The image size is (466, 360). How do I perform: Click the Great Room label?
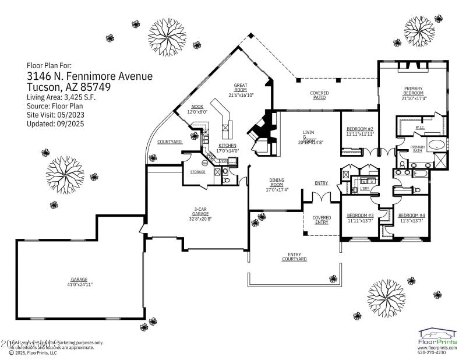241,87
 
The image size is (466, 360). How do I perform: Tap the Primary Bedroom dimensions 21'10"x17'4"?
414,98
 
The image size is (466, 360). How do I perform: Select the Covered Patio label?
319,96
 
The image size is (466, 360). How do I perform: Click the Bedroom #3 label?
360,216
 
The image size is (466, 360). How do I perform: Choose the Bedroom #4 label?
411,216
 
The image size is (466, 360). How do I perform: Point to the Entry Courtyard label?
294,256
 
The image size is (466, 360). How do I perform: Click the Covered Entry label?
322,220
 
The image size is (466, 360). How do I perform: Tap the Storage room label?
198,172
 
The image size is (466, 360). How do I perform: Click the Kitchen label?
227,145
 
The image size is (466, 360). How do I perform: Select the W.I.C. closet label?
419,127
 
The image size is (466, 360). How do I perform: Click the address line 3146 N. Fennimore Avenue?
90,76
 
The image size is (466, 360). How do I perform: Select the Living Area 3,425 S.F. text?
61,97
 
